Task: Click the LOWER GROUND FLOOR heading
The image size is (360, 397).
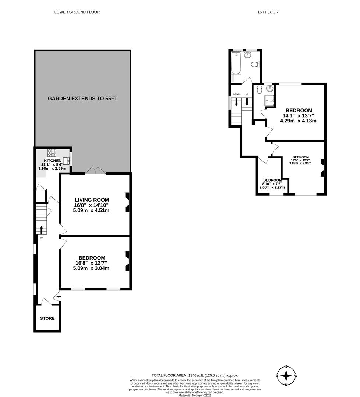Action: coord(77,12)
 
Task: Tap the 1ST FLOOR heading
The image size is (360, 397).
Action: coord(268,12)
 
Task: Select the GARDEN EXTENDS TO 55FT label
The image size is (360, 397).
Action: coord(82,99)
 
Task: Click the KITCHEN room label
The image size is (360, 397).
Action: coord(53,161)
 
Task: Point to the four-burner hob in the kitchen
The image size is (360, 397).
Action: coord(51,153)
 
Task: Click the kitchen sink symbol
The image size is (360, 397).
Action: coord(67,161)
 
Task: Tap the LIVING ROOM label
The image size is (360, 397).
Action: coord(92,200)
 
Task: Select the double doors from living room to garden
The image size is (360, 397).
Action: coord(95,170)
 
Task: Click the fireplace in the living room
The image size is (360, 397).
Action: coord(127,203)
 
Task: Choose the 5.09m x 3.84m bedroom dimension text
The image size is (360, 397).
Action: coord(91,268)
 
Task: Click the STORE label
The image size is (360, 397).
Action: coord(47,318)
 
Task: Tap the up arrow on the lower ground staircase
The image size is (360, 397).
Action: coord(41,230)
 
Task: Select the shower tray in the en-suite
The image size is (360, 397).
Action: coord(270,99)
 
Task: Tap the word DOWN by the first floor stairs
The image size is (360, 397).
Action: coord(236,94)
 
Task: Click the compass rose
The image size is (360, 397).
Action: coord(286,376)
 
